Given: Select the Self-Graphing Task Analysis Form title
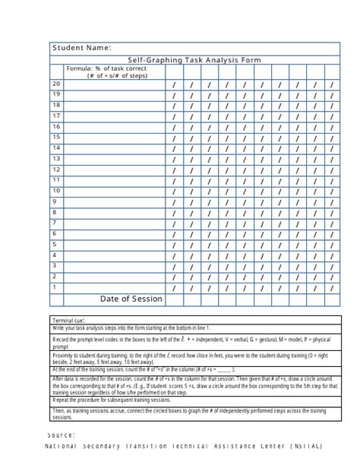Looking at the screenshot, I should pyautogui.click(x=194, y=60).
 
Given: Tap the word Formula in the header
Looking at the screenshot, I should pyautogui.click(x=79, y=68).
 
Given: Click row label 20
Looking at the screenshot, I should pyautogui.click(x=56, y=84).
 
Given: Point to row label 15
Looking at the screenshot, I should pyautogui.click(x=56, y=138).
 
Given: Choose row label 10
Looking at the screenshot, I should pyautogui.click(x=56, y=191).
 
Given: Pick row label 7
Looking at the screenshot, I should pyautogui.click(x=55, y=223).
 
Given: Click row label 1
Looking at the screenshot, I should pyautogui.click(x=55, y=287).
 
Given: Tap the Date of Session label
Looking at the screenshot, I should pyautogui.click(x=131, y=299).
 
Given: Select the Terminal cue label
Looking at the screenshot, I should pyautogui.click(x=68, y=321).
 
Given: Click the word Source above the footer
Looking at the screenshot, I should pyautogui.click(x=60, y=435).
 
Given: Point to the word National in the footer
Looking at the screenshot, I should pyautogui.click(x=63, y=447).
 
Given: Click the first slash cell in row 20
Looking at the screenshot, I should pyautogui.click(x=174, y=85).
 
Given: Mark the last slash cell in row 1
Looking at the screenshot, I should pyautogui.click(x=331, y=289).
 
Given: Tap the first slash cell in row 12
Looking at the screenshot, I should pyautogui.click(x=174, y=171).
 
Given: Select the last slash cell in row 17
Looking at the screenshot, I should pyautogui.click(x=331, y=117).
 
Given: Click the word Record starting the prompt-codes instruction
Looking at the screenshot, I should pyautogui.click(x=62, y=339).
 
